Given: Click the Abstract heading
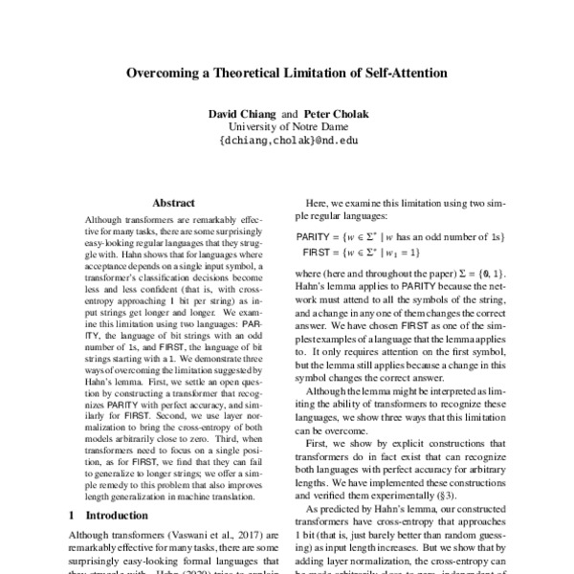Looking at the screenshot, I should pos(173,204).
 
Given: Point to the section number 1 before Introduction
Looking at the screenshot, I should pos(76,514).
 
